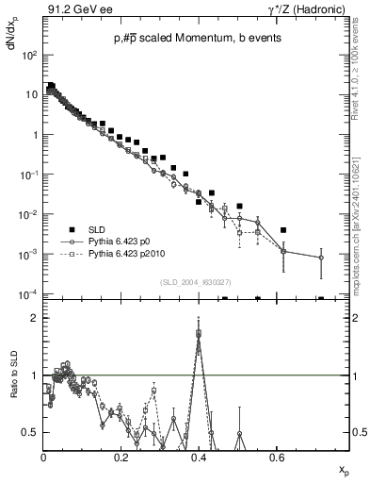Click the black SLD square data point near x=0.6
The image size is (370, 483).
click(283, 230)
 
